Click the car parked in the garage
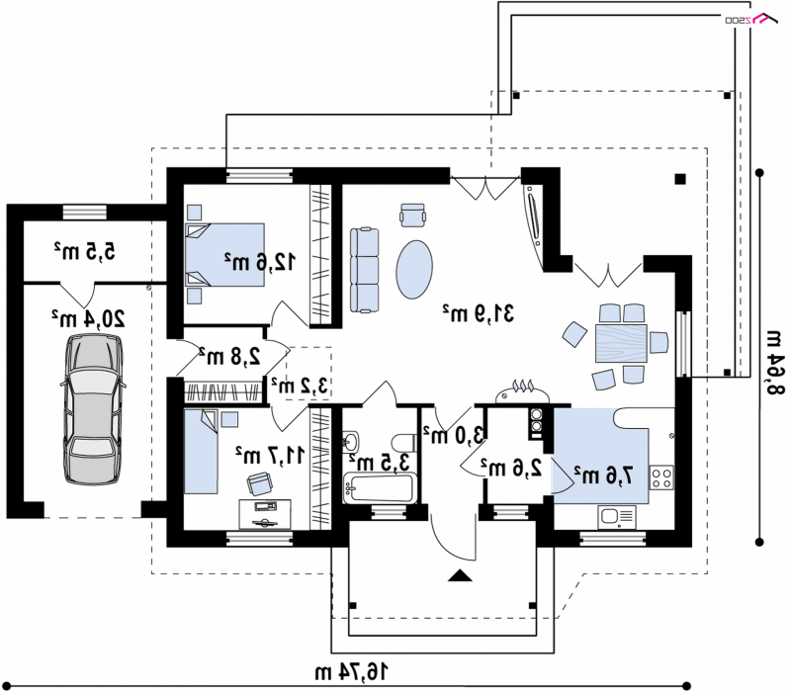pos(93,409)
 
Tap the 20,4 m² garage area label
pos(89,318)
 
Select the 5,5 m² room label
pos(84,251)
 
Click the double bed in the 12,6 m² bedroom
pos(225,255)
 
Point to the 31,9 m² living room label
pos(479,312)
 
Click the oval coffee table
pos(414,269)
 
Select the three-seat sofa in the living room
pos(364,270)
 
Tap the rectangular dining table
pos(621,343)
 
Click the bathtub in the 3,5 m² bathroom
pos(380,487)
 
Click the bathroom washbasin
pos(352,442)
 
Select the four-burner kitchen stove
pos(661,477)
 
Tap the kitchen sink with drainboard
pos(616,516)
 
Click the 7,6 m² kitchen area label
pos(603,475)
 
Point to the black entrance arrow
pos(460,575)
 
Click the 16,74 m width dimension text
pos(352,672)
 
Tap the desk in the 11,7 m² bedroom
pos(265,514)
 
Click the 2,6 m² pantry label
pos(511,468)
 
